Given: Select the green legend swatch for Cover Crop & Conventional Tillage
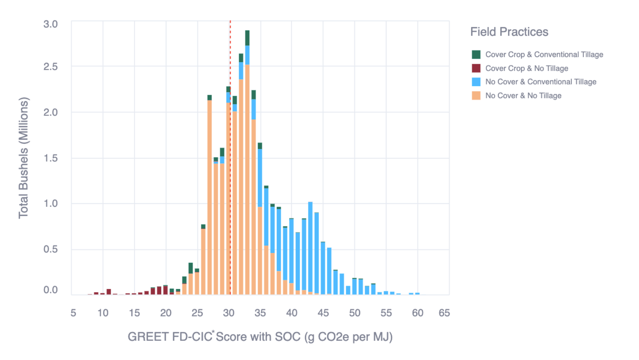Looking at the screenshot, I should point(476,55).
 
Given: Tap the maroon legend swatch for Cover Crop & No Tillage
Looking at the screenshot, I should point(476,68).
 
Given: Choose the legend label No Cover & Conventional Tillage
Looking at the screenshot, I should point(540,82).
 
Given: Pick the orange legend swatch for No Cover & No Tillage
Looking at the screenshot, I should point(476,96).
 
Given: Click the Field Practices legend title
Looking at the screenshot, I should point(509,32).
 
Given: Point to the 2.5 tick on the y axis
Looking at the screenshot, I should point(50,67).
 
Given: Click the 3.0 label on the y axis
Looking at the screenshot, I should point(50,24).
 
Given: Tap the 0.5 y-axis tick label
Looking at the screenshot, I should point(50,249).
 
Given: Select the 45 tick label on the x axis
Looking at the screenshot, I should point(323,313).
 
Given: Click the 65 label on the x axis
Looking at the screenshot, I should point(444,313).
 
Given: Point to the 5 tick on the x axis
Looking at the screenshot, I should point(73,313).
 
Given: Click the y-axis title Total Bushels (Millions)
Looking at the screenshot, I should point(24,158).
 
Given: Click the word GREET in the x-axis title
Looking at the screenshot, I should point(148,337).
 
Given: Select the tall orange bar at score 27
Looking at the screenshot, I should point(209,196).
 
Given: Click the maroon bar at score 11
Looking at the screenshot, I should point(109,292).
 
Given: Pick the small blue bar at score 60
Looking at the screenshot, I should point(417,293).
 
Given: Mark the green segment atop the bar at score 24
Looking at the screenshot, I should point(191,268).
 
